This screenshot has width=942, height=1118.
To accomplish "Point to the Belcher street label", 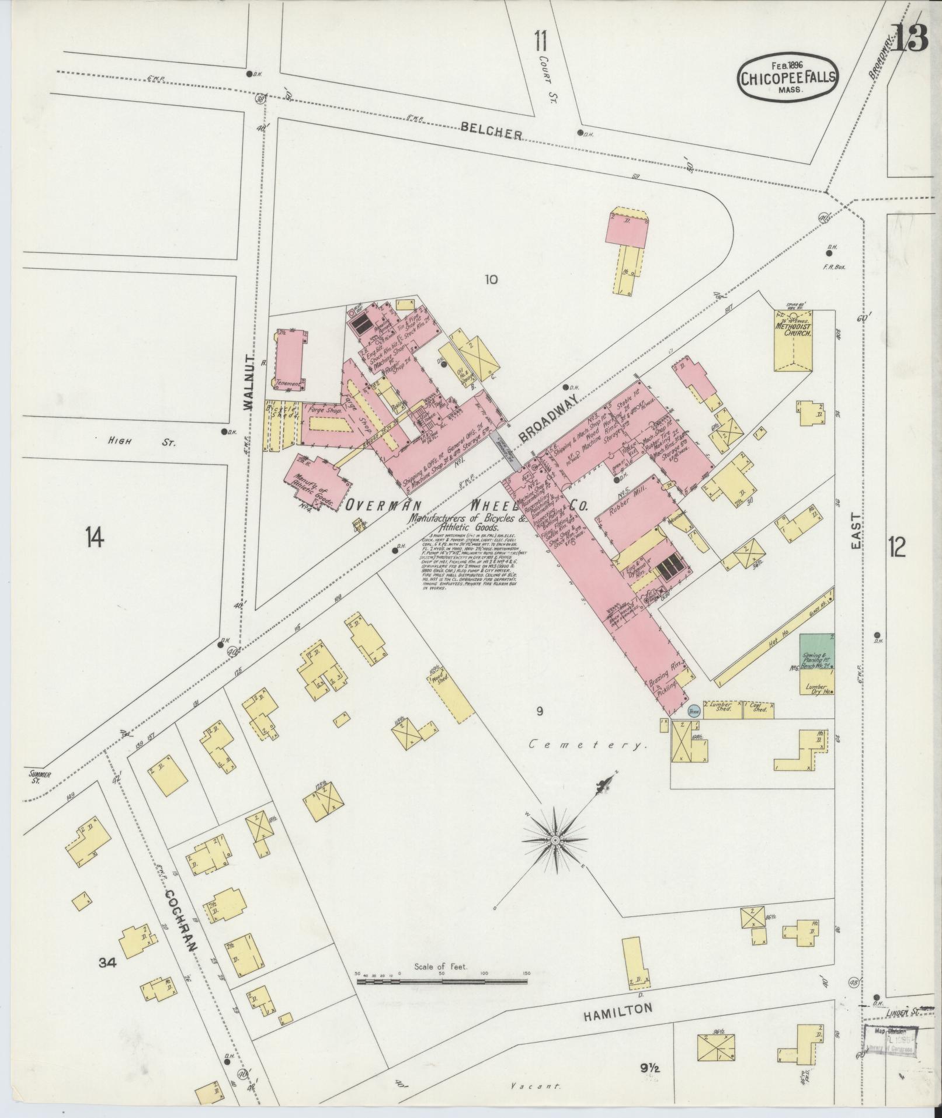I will [491, 131].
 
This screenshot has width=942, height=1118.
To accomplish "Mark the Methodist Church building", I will [792, 342].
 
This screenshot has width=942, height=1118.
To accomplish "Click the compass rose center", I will [555, 840].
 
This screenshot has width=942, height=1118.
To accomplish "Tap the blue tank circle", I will [693, 711].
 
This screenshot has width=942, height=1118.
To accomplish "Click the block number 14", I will [94, 536].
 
